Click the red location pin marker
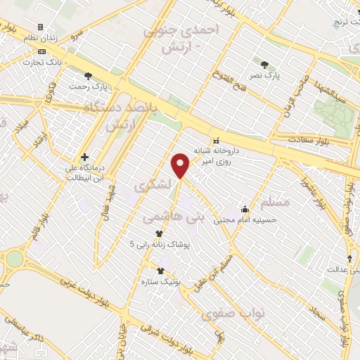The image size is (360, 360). coord(181,165)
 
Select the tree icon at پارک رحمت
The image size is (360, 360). coord(88,76)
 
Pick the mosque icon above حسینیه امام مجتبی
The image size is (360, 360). coord(245,208)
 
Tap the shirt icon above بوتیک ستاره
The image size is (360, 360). coord(161,270)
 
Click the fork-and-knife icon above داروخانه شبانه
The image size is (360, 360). coord(216,139)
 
